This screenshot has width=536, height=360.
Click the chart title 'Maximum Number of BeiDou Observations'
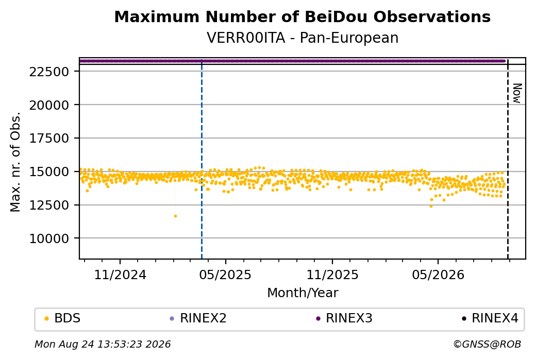point(302,16)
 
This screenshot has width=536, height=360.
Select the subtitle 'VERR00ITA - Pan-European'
point(302,38)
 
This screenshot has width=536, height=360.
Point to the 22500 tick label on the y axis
point(49,72)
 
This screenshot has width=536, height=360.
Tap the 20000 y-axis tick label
point(49,105)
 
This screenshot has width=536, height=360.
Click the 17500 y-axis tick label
point(49,139)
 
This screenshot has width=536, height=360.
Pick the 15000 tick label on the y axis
point(49,172)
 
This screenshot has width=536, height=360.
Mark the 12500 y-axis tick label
point(49,205)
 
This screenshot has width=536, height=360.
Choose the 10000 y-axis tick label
point(49,238)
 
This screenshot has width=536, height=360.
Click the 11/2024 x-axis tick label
point(120,275)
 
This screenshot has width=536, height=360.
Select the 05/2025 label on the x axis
point(225,275)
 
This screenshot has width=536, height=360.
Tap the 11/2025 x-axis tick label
point(332,275)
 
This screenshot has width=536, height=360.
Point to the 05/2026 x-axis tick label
point(438,275)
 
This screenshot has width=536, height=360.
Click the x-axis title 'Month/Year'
point(303,293)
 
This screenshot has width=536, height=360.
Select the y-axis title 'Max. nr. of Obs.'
point(15,162)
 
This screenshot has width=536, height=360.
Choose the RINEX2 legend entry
point(198,318)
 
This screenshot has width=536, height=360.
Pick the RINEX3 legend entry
point(344,318)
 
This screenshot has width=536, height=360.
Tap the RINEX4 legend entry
point(490,318)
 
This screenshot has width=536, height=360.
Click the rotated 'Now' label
point(517,93)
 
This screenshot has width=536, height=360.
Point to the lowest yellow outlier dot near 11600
point(175,216)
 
